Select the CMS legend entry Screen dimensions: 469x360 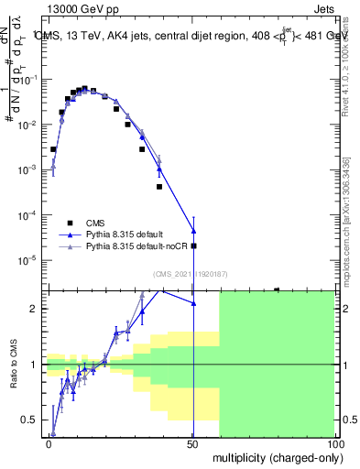(96, 223)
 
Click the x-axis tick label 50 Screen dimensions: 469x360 (193, 442)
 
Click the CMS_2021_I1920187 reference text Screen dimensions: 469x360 (188, 274)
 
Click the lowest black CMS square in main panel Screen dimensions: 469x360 (193, 245)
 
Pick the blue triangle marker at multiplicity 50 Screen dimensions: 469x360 (193, 230)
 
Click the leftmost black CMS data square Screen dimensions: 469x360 (54, 149)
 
